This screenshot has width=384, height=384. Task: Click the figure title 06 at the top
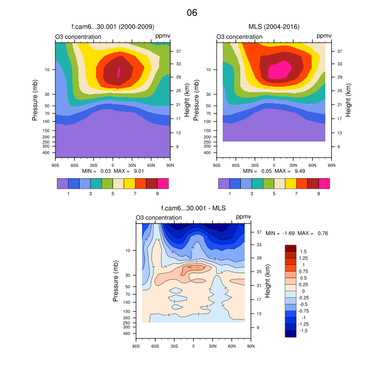(x=192, y=12)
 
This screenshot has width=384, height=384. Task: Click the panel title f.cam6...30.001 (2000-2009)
(x=112, y=26)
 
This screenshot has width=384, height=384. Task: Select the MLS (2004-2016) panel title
(x=274, y=26)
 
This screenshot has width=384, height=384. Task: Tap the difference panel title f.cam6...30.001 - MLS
(x=193, y=208)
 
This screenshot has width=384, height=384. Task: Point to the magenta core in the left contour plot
(x=118, y=72)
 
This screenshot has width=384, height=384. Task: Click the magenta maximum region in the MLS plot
(x=279, y=70)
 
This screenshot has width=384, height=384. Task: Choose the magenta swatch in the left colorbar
(x=163, y=184)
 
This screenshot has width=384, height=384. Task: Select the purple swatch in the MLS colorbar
(x=224, y=184)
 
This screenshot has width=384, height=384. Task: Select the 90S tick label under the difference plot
(x=135, y=346)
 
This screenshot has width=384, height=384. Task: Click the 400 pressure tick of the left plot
(x=46, y=153)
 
